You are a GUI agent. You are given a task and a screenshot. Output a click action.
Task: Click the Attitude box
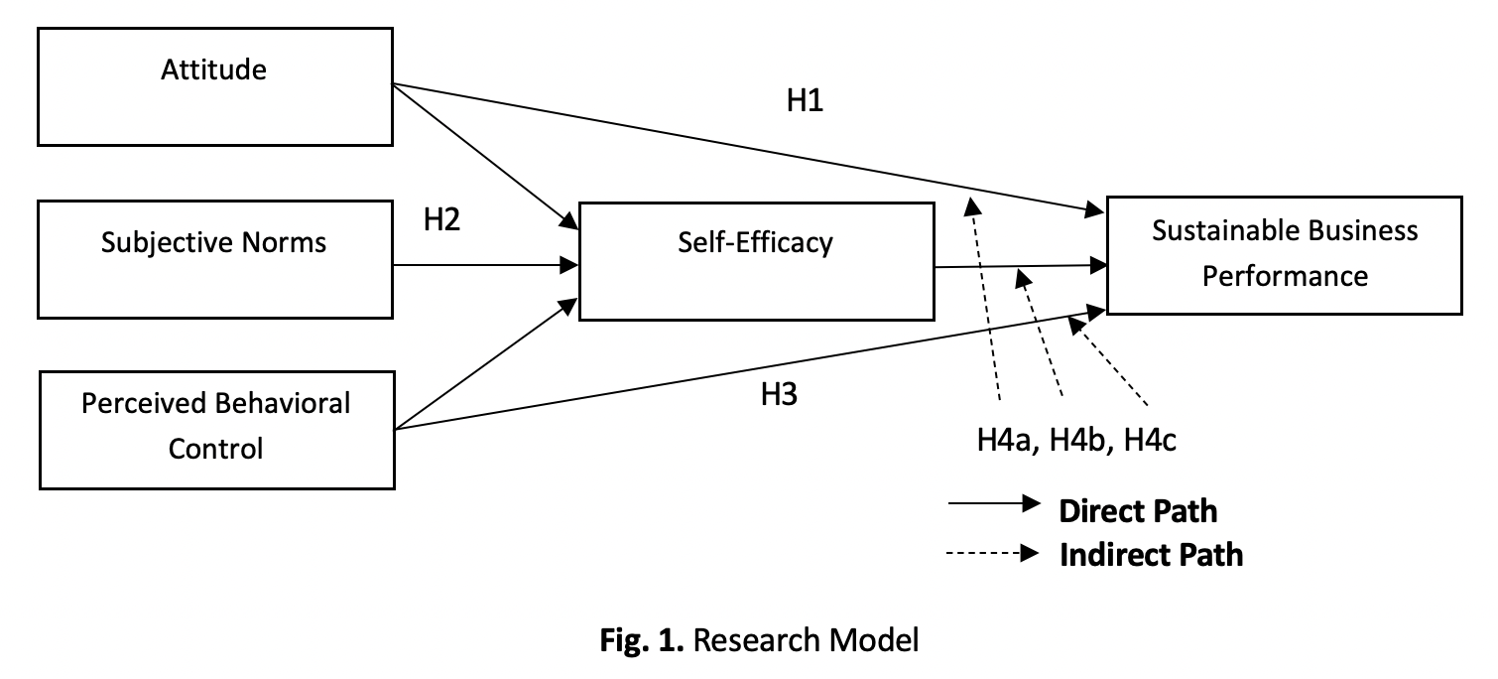[214, 86]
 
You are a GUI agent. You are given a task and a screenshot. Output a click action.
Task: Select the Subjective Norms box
[214, 259]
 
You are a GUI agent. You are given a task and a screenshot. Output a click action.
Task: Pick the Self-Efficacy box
[756, 260]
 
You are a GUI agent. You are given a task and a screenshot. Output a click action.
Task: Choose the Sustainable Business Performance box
[1284, 255]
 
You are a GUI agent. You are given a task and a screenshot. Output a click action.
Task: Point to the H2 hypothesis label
[441, 220]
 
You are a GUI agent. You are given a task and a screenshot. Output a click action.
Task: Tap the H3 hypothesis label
[779, 395]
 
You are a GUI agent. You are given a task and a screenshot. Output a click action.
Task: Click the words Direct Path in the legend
[1138, 511]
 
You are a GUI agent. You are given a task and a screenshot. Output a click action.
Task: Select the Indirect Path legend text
[1151, 554]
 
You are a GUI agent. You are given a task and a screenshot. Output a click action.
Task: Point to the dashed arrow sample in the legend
[992, 553]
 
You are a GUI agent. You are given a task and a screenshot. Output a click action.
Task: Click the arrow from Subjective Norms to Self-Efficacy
[486, 265]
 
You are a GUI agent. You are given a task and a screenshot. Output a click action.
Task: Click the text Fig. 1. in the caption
[642, 640]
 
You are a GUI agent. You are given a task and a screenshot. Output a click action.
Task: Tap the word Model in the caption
[876, 640]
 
